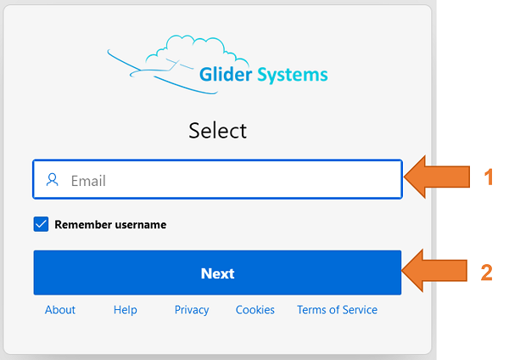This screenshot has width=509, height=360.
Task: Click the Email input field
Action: (x=216, y=180)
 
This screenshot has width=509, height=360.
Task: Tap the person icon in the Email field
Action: (x=53, y=180)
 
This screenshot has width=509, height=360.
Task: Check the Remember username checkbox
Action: (x=42, y=224)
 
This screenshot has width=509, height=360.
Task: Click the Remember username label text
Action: (x=110, y=225)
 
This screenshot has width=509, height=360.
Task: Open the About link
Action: (x=60, y=310)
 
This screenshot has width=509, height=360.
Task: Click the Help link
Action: (x=125, y=310)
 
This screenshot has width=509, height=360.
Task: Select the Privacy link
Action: (x=192, y=310)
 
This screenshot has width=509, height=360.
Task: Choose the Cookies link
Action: (x=255, y=310)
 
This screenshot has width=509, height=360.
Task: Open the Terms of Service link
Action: (x=337, y=310)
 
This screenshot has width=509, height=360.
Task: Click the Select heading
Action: (x=217, y=131)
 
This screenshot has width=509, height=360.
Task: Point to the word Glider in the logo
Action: (x=227, y=75)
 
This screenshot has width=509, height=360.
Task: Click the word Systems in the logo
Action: (x=294, y=75)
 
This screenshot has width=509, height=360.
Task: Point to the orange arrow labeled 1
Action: (x=437, y=178)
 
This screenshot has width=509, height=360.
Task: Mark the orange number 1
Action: (x=488, y=177)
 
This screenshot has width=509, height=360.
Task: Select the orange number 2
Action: (x=487, y=273)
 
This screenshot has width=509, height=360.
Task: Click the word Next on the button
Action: (x=217, y=273)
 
